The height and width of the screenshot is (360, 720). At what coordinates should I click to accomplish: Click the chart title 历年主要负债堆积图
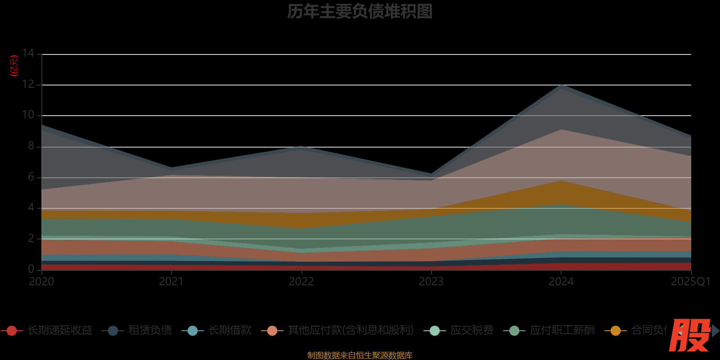click(x=360, y=12)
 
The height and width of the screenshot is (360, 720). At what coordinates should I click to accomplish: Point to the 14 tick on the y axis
click(x=28, y=54)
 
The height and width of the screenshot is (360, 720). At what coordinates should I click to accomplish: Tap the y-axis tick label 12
click(x=28, y=84)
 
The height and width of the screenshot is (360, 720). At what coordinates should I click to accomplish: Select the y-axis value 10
click(x=28, y=115)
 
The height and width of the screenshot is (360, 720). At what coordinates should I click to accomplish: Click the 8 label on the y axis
click(x=31, y=146)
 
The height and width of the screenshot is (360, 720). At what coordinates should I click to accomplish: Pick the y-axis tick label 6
click(x=31, y=177)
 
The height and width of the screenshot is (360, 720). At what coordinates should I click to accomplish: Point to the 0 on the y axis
click(x=31, y=269)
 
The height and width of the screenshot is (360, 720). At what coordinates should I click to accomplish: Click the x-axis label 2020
click(x=41, y=282)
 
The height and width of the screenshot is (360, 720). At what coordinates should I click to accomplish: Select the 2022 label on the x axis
click(x=301, y=282)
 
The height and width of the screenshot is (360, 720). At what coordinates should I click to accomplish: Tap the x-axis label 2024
click(x=561, y=282)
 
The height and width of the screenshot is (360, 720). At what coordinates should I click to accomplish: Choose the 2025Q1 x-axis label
click(x=690, y=282)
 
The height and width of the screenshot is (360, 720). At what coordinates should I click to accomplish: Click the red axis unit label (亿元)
click(x=14, y=66)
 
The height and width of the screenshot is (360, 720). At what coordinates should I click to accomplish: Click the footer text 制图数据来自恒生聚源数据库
click(x=360, y=355)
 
